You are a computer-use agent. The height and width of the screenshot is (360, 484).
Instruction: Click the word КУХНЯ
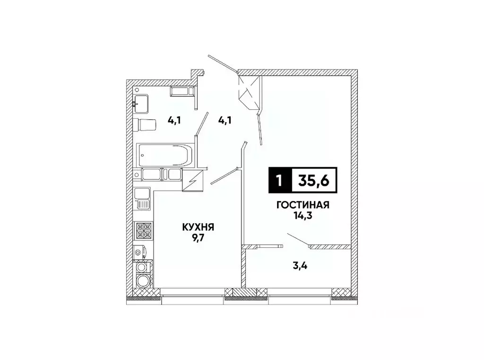pos(199,228)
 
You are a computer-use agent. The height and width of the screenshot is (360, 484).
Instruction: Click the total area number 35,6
pos(314,180)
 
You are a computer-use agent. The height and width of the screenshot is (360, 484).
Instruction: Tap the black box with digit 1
pos(280,180)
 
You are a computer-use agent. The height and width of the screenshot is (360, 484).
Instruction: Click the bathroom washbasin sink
pos(141,102)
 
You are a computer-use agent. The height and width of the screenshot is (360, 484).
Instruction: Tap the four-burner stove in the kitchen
pos(144,230)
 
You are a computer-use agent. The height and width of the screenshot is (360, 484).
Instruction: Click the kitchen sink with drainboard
pos(142,199)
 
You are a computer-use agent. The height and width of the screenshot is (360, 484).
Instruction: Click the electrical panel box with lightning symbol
pos(193,181)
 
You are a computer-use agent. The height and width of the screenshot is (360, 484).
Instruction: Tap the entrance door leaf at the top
pos(222,64)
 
